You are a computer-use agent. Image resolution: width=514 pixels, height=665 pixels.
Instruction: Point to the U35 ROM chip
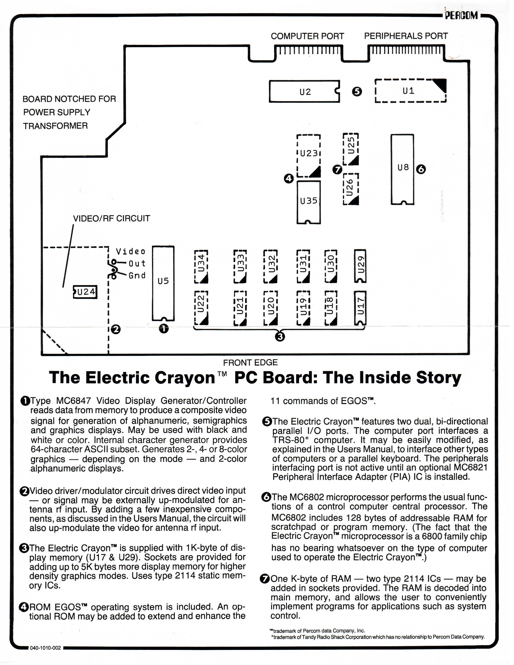pyautogui.click(x=308, y=203)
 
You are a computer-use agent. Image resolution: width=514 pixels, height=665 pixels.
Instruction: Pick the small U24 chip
pyautogui.click(x=85, y=292)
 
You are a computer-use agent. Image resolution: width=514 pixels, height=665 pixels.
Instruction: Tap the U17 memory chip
pyautogui.click(x=361, y=308)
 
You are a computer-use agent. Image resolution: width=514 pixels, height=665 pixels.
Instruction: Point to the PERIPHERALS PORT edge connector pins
pyautogui.click(x=406, y=50)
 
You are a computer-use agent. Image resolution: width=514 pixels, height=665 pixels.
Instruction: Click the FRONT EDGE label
pyautogui.click(x=250, y=362)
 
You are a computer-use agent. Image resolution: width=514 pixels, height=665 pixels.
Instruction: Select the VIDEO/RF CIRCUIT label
pyautogui.click(x=111, y=218)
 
